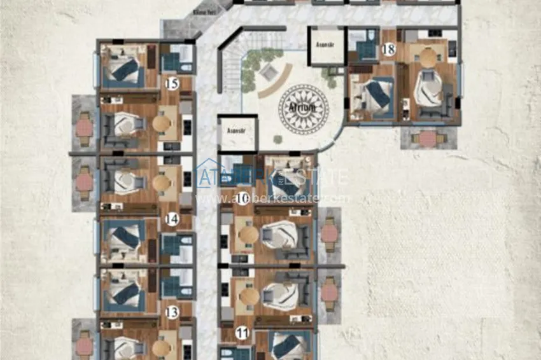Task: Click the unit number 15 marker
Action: pyautogui.click(x=171, y=83)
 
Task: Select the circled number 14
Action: pyautogui.click(x=171, y=219)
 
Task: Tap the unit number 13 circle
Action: pyautogui.click(x=171, y=312)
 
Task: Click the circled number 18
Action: pyautogui.click(x=388, y=49)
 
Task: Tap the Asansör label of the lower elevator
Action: pyautogui.click(x=236, y=132)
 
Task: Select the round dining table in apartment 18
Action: pyautogui.click(x=429, y=58)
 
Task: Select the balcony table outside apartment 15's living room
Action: pyautogui.click(x=84, y=127)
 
